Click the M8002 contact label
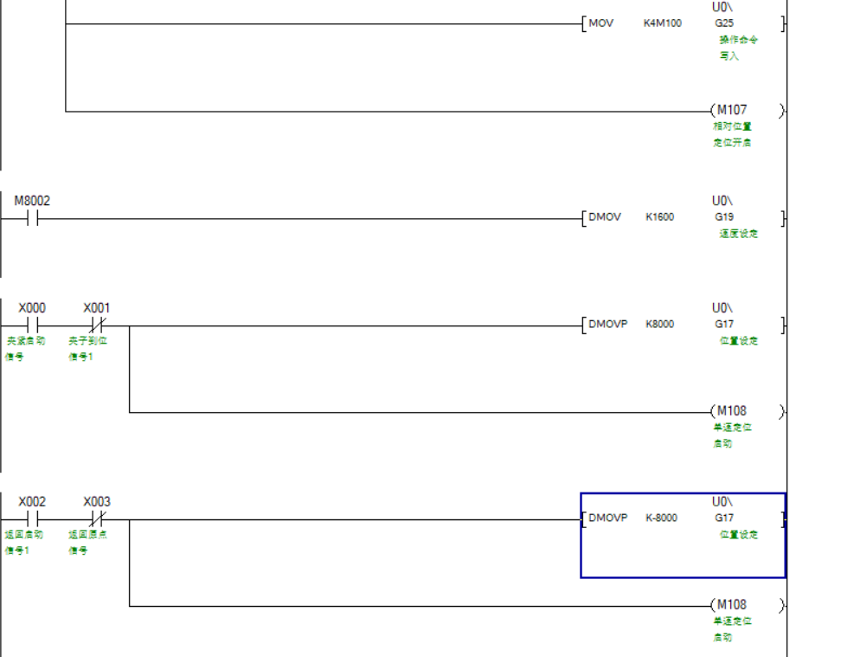(x=32, y=201)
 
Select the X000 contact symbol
(x=32, y=326)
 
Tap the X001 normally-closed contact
(x=97, y=326)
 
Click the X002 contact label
(x=32, y=502)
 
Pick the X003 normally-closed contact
(x=97, y=519)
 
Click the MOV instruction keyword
(x=600, y=23)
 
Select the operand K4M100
(x=662, y=23)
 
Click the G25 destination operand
(x=723, y=23)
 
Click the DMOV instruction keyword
(x=605, y=217)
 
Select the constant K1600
(x=659, y=217)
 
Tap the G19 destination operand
(x=723, y=217)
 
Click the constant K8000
(x=659, y=325)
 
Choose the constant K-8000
(x=661, y=519)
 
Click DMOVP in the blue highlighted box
(x=608, y=519)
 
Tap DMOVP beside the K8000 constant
(x=608, y=325)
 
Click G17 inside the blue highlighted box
(x=723, y=519)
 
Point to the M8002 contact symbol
(x=32, y=219)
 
